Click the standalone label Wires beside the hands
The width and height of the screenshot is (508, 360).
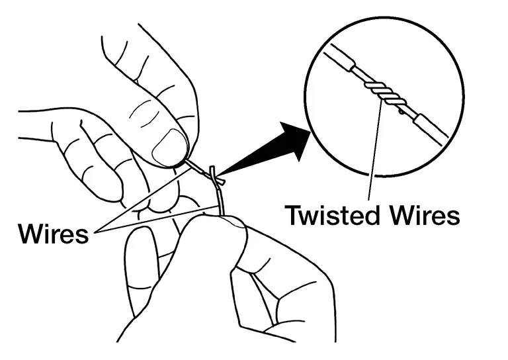54,233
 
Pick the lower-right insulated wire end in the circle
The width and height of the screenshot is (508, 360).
429,127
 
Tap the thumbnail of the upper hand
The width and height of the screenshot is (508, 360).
171,146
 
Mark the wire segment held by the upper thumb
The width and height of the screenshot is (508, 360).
196,165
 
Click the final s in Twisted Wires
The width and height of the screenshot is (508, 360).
452,216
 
